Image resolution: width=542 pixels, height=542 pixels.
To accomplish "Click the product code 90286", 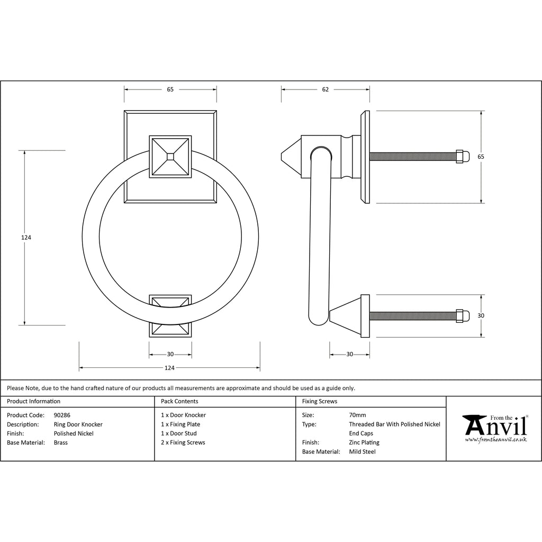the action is (x=62, y=415).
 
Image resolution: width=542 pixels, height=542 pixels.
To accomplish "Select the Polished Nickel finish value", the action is (x=74, y=433).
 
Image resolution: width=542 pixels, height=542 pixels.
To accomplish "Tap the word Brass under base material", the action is (x=61, y=442).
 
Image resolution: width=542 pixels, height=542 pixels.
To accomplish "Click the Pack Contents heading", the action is (x=179, y=401).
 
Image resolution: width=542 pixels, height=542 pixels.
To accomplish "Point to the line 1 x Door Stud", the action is (x=179, y=433).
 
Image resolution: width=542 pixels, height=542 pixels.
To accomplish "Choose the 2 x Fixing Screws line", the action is (x=183, y=442).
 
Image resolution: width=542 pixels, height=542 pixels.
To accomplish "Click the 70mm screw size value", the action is (x=357, y=415).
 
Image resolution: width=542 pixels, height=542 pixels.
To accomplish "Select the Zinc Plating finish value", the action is (x=364, y=442).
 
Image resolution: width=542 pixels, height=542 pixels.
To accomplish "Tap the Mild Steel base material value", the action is (x=362, y=452).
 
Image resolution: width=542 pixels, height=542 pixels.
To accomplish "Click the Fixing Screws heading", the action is (x=320, y=401).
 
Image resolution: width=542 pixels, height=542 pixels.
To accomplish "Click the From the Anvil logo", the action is (x=495, y=428).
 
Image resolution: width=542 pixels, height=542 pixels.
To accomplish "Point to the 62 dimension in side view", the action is (x=326, y=89).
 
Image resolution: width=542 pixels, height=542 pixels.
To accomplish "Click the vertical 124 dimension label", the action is (x=26, y=238).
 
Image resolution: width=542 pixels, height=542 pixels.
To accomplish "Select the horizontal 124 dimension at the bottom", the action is (x=169, y=368).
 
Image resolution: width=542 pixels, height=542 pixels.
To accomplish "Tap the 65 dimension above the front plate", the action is (x=170, y=89).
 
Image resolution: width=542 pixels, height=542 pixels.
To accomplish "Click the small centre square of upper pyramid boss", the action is (x=170, y=157).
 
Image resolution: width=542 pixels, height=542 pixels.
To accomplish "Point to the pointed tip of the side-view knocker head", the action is (x=282, y=157).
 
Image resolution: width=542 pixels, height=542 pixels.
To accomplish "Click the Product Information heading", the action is (x=33, y=401).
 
